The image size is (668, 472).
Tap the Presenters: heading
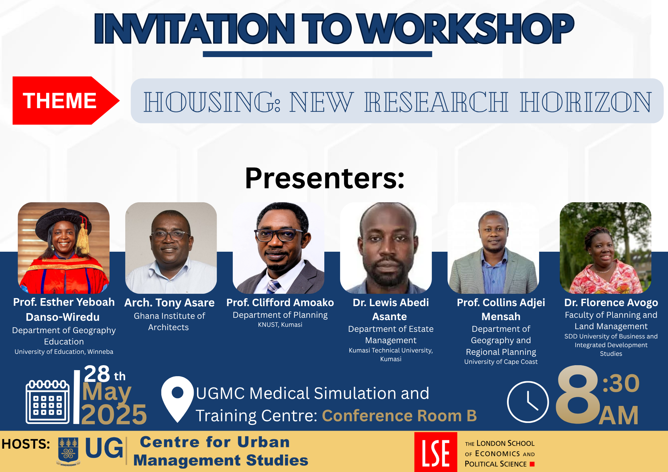pyautogui.click(x=325, y=178)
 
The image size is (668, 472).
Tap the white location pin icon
pyautogui.click(x=177, y=399)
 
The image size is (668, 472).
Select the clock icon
pyautogui.click(x=528, y=402)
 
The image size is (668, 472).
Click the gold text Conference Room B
pyautogui.click(x=399, y=416)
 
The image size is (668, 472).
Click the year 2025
pyautogui.click(x=114, y=414)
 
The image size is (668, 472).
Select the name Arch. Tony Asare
pyautogui.click(x=169, y=302)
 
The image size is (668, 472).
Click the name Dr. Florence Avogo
pyautogui.click(x=611, y=302)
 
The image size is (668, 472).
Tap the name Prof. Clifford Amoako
pyautogui.click(x=280, y=302)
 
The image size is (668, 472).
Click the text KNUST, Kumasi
pyautogui.click(x=280, y=324)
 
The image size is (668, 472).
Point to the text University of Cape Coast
pyautogui.click(x=501, y=362)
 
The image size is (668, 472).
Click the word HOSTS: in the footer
pyautogui.click(x=26, y=444)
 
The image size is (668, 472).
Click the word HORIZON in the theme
pyautogui.click(x=586, y=102)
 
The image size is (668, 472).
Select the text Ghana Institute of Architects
pyautogui.click(x=169, y=321)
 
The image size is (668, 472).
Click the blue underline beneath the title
pyautogui.click(x=317, y=54)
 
